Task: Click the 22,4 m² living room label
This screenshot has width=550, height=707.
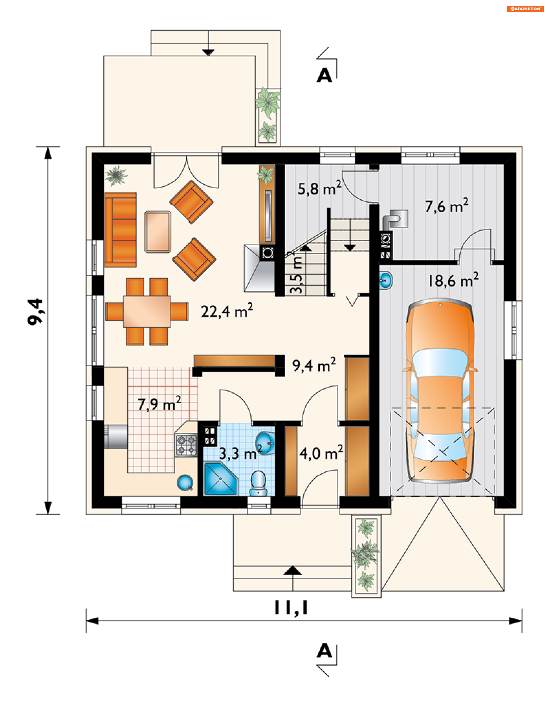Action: pos(227,311)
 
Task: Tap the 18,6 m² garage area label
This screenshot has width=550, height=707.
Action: pos(453,280)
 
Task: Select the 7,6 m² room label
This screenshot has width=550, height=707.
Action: pos(446,206)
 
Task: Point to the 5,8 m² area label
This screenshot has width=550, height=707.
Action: pos(319,188)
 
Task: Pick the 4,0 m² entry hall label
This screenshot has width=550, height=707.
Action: pos(321,453)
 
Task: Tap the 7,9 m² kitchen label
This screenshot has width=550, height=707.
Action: pos(159,404)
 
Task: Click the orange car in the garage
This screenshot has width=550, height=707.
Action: pos(440,391)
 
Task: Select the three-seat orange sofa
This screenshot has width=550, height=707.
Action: pos(121,230)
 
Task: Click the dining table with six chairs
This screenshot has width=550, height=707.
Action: pos(147,311)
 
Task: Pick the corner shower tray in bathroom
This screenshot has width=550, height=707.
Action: pos(220,479)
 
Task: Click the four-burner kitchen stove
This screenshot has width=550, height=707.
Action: pos(186,445)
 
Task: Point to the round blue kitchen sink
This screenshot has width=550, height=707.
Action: pos(185,482)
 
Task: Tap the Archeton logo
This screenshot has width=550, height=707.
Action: pos(525,9)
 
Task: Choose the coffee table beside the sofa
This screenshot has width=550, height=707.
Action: pos(158,232)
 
